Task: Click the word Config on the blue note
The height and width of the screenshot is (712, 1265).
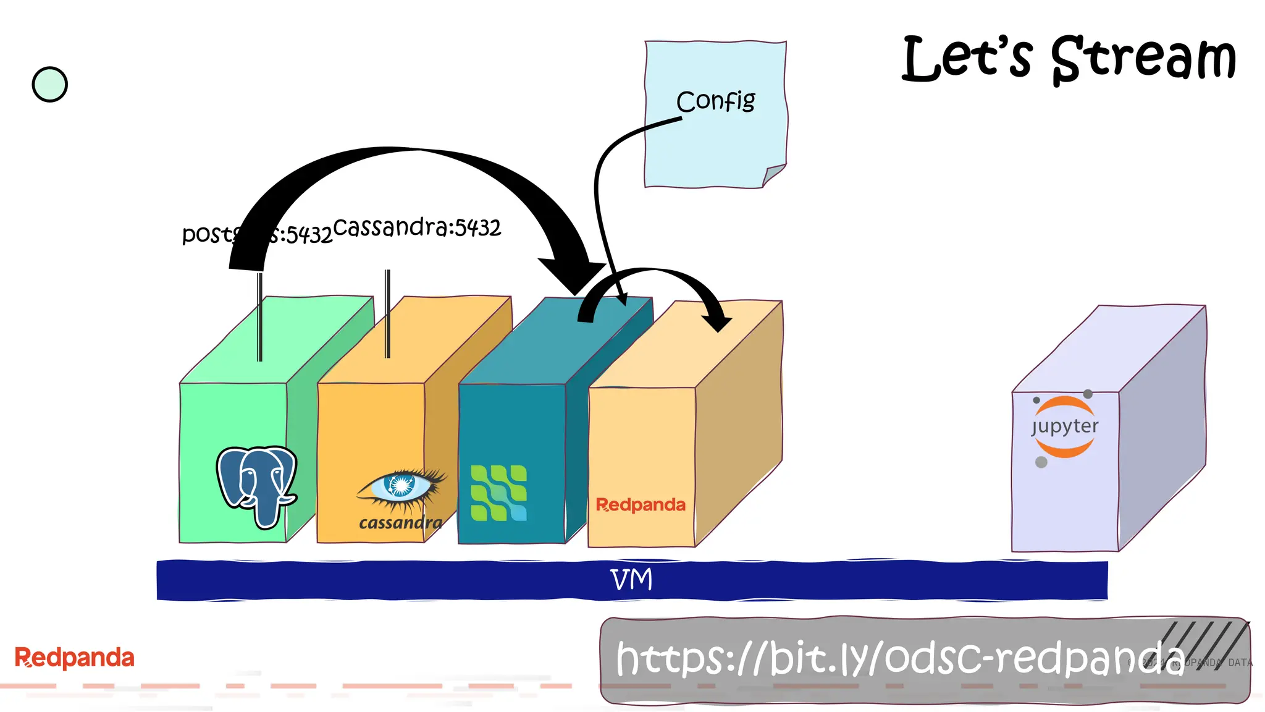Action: tap(715, 101)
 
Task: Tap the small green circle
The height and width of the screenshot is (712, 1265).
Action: tap(49, 85)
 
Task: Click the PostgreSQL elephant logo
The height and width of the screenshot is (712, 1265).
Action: tap(257, 486)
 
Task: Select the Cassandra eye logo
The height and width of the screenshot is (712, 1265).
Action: tap(401, 486)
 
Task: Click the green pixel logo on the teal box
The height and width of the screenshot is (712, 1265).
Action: tap(498, 493)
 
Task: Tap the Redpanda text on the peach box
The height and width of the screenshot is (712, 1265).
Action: tap(641, 505)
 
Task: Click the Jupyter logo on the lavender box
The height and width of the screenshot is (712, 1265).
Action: tap(1064, 427)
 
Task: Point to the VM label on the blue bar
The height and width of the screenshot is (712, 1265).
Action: tap(631, 580)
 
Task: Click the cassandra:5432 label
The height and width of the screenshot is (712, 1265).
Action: tap(417, 227)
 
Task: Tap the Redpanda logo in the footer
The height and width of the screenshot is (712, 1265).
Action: tap(74, 658)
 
